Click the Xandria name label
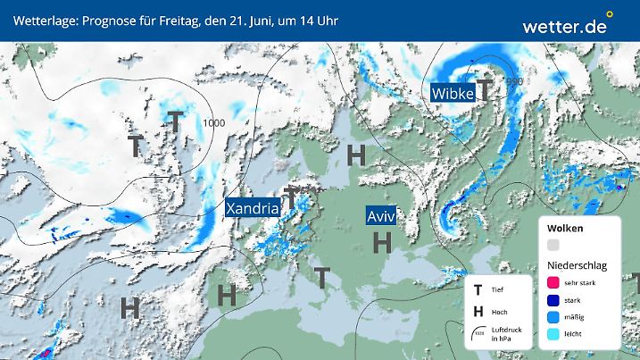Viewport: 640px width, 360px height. (253, 208)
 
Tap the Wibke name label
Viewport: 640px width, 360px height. (452, 92)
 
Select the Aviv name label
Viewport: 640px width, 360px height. (381, 217)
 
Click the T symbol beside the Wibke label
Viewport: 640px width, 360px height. (484, 88)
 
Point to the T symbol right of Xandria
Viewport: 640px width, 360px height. (292, 198)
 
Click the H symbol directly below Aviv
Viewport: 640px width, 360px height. (383, 241)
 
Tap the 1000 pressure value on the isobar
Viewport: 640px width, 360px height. (213, 123)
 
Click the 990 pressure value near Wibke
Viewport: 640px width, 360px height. (514, 82)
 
